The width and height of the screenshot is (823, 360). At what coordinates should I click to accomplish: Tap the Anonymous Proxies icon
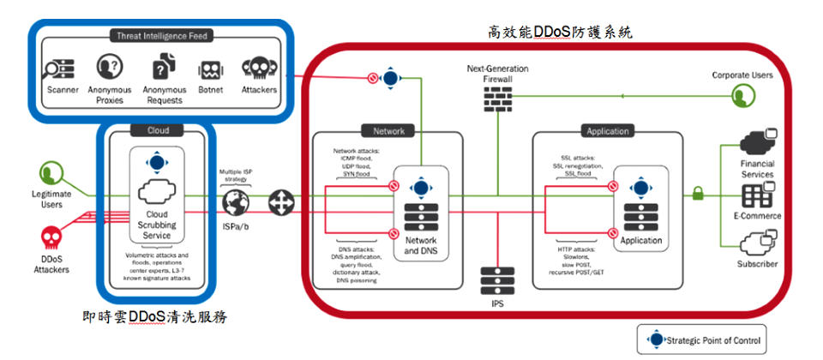[x=109, y=67]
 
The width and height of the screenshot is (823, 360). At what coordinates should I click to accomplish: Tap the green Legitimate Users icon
[x=51, y=173]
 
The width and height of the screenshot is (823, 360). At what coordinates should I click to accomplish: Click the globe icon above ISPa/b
[x=235, y=203]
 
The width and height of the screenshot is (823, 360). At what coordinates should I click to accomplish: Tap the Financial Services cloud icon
[x=756, y=142]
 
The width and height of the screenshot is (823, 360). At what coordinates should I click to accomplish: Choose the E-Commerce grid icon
[x=756, y=196]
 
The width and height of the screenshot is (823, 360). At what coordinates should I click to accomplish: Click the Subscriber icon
[x=756, y=243]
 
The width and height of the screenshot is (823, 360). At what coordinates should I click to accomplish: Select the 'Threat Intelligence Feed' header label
[x=160, y=35]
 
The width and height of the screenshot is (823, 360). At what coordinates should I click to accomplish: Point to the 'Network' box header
[x=388, y=131]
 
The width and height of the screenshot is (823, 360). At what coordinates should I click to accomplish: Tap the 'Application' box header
[x=607, y=131]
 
